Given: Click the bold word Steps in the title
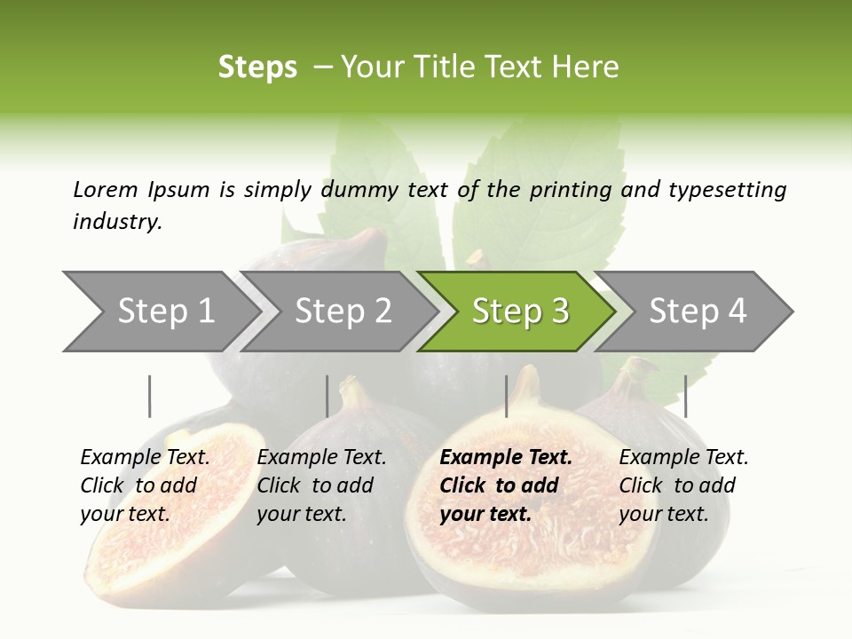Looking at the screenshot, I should point(257,67).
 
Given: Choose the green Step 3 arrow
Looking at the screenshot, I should point(520,312).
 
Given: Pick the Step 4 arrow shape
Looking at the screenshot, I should point(698,312).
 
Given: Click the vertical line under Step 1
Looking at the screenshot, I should point(150,396).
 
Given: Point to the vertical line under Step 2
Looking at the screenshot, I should point(327,396).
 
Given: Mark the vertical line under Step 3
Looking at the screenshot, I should point(507,396).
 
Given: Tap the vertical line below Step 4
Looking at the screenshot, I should point(685,396).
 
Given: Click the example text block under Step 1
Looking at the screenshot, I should point(145,485).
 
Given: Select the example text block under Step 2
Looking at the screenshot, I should point(321,485).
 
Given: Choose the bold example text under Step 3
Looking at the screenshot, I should point(505,485).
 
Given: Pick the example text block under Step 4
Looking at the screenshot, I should point(683,485).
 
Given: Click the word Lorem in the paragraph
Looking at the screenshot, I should point(106,189).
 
